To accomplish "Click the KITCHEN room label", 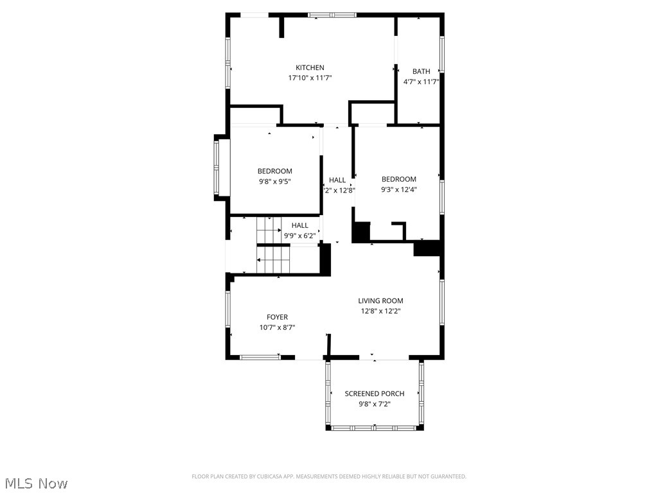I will point(310,68).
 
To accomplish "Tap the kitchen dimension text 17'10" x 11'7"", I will point(310,78).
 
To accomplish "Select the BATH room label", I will point(422,71).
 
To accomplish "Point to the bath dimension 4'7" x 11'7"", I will point(422,82).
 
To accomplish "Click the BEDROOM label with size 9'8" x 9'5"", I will point(275,171).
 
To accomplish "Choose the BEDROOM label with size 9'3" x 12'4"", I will point(399,179).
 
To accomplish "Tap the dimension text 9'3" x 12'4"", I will point(399,189).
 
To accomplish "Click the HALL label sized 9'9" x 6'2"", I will point(300,225).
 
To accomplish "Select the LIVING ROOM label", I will point(380,300).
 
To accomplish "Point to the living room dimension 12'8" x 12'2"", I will point(380,311).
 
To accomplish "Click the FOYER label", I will point(278,317).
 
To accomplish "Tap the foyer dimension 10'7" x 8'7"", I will point(278,327).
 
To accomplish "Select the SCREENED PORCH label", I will point(375,394).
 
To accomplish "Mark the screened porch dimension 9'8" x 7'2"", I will point(375,404).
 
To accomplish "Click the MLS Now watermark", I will point(35,483).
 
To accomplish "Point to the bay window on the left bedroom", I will point(218,167).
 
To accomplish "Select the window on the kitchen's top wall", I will point(332,14).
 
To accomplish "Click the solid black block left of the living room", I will point(325,259).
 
